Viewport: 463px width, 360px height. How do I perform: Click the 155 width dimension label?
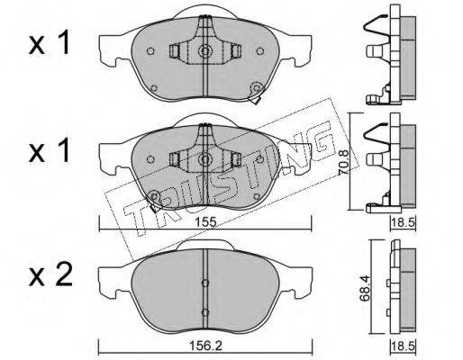(205, 222)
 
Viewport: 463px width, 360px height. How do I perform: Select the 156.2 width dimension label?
(205, 346)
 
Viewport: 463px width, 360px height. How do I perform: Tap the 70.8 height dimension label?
(344, 162)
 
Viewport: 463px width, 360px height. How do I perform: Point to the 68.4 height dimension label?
(365, 289)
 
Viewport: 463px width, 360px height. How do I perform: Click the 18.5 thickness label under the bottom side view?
(404, 346)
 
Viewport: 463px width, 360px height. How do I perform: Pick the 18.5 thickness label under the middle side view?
(404, 222)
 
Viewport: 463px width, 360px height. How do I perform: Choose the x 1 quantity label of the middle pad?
(50, 151)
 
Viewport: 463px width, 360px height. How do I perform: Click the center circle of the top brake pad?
(205, 51)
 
